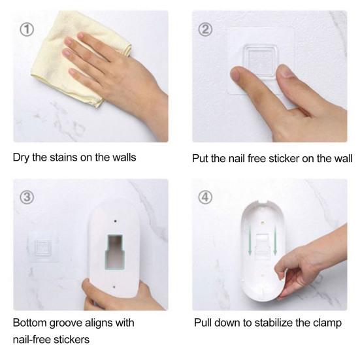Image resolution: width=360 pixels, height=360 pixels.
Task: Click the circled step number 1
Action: click(27, 30)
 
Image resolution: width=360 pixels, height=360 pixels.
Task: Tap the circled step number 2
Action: click(205, 30)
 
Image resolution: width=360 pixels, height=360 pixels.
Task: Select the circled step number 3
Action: click(27, 197)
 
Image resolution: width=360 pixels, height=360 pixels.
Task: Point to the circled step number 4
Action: click(205, 197)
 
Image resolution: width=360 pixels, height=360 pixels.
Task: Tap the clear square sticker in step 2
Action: click(259, 61)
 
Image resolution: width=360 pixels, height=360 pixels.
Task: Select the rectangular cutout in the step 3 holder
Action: click(115, 252)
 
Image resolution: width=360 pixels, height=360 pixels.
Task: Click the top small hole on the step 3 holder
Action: click(115, 221)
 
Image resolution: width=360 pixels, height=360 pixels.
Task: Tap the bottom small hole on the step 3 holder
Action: click(114, 287)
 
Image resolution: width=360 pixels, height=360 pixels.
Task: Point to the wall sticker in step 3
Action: click(43, 248)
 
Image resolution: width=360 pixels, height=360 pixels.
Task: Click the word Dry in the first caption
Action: click(21, 158)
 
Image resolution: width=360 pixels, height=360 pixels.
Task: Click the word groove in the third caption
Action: click(66, 323)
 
